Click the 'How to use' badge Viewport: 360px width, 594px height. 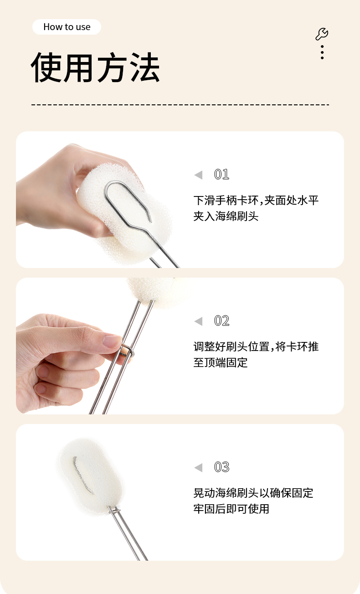(67, 27)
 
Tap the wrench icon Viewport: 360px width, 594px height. (322, 34)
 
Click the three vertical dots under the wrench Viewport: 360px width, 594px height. (322, 52)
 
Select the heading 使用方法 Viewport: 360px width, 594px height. (95, 67)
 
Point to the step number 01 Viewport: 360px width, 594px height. (221, 175)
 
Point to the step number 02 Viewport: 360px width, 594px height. (221, 321)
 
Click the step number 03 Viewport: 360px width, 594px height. (221, 467)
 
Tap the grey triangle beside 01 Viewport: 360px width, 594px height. (198, 175)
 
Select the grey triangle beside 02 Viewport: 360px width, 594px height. (198, 321)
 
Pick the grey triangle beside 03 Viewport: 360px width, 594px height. (198, 468)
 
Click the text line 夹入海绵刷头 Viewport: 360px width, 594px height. (226, 216)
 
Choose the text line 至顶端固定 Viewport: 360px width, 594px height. (220, 362)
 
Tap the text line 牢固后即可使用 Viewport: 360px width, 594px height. (231, 509)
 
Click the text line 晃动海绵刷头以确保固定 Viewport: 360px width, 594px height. (253, 493)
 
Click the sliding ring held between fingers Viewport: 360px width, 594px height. (128, 351)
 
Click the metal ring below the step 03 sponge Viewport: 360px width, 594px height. (114, 511)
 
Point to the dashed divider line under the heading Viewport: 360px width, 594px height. (180, 105)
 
